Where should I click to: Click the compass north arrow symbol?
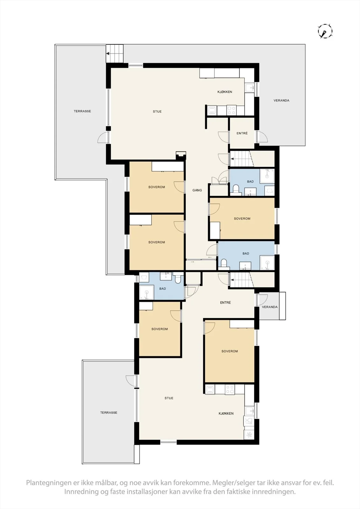pos(325,31)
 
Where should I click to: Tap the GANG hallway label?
pos(197,190)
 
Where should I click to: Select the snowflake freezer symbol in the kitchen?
pos(249,435)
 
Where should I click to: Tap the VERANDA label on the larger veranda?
pos(281,100)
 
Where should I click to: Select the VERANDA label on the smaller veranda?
pos(270,307)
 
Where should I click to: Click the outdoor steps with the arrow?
pos(114,53)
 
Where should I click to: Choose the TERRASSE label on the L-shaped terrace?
pos(82,111)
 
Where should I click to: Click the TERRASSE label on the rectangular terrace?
pos(109,412)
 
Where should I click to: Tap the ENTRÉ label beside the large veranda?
pos(242,133)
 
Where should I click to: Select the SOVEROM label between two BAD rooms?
pos(242,219)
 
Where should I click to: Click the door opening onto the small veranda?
pos(262,300)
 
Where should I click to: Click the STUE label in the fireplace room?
pos(157,111)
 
